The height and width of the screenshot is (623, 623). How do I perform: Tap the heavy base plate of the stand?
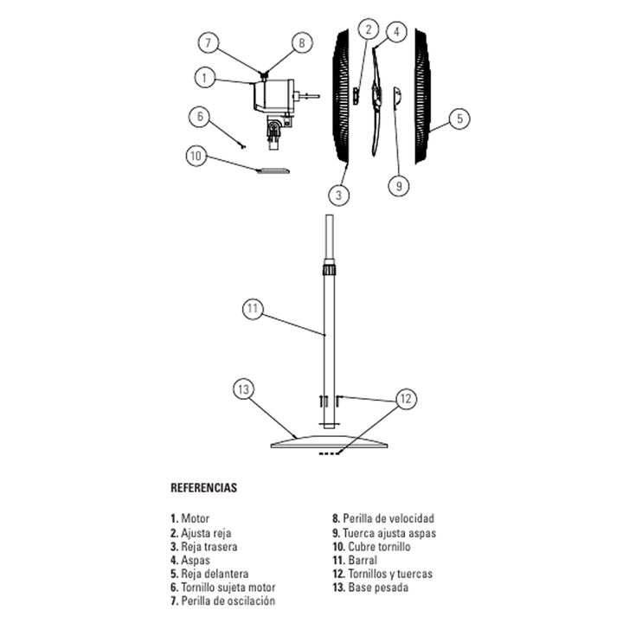[329, 441]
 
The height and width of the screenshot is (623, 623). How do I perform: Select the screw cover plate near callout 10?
[273, 170]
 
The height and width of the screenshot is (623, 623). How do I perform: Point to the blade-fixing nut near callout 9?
[397, 97]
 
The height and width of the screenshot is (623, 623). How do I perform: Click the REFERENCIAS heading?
[204, 487]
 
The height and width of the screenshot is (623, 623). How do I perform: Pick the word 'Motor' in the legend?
[195, 518]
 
